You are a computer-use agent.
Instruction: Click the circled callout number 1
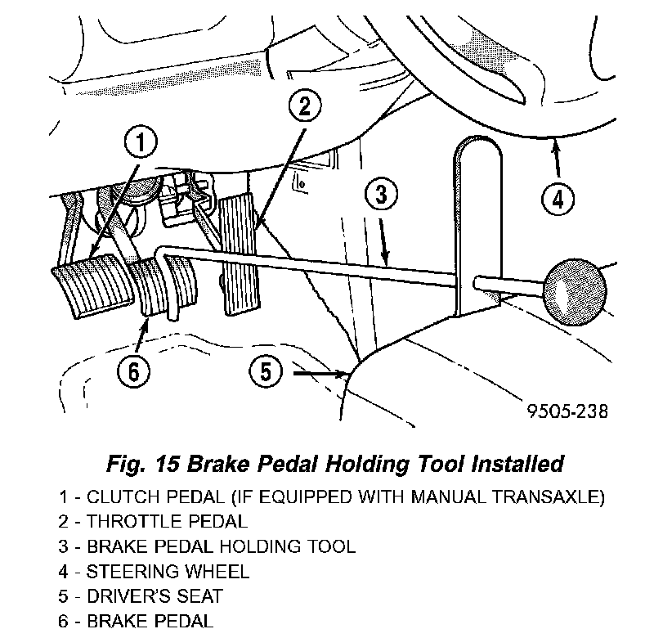[x=141, y=142]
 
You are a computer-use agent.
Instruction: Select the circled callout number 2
[x=305, y=106]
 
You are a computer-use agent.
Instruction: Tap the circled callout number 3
[x=381, y=194]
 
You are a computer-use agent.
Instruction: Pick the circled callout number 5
[x=267, y=371]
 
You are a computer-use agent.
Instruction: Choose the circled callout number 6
[x=133, y=371]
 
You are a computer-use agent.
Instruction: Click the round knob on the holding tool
[x=576, y=292]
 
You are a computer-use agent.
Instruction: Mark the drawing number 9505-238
[x=567, y=411]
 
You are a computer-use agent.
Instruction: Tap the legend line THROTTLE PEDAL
[x=153, y=522]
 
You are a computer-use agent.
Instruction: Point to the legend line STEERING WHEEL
[x=154, y=571]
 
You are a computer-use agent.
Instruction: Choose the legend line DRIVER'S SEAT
[x=141, y=595]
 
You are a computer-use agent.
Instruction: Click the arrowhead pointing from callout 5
[x=342, y=373]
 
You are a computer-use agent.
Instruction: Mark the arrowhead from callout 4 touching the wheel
[x=555, y=146]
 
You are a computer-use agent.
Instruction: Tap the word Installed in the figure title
[x=517, y=463]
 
